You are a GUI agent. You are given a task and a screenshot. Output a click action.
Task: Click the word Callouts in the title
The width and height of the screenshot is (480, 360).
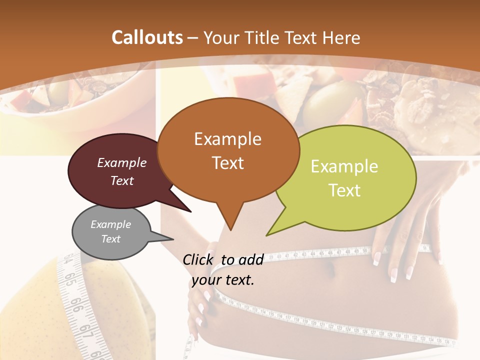(x=147, y=37)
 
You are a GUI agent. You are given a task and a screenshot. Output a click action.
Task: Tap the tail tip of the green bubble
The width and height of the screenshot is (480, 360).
(x=267, y=234)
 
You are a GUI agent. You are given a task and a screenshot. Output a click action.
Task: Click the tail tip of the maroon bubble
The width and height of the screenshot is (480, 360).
(x=190, y=211)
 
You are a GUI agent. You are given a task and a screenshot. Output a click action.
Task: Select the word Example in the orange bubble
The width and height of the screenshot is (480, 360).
(x=227, y=138)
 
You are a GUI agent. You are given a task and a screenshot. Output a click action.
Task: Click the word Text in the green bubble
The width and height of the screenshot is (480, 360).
(x=345, y=190)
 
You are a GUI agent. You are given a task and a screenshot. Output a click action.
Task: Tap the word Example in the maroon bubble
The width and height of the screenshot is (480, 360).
(x=121, y=162)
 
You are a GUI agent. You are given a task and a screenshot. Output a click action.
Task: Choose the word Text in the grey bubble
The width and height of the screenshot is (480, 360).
(x=110, y=239)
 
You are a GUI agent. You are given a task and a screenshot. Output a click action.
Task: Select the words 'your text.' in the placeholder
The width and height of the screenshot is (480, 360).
(x=223, y=280)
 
